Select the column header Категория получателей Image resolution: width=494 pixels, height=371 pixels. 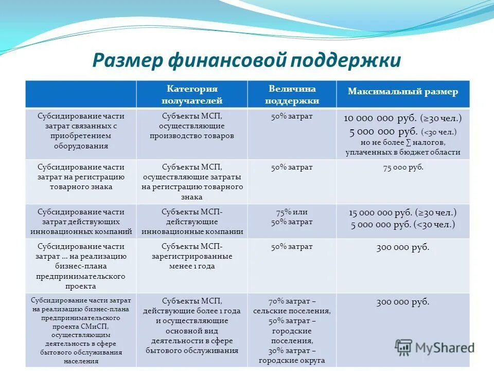(x=192, y=94)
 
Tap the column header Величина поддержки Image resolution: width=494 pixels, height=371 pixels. (x=292, y=94)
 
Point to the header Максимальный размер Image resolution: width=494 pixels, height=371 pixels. (x=402, y=92)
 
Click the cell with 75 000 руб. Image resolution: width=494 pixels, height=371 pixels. (x=403, y=168)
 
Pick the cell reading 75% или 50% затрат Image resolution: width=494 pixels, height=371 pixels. (x=292, y=217)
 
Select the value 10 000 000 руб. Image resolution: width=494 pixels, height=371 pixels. (x=380, y=118)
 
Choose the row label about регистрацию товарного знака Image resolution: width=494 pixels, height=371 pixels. (x=81, y=177)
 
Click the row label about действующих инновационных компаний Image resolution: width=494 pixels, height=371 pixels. (x=81, y=222)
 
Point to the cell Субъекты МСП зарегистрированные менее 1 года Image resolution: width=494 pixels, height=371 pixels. (x=192, y=256)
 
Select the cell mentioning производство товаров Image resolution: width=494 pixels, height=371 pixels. (x=192, y=126)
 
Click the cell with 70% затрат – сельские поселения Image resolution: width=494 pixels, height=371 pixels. (x=292, y=306)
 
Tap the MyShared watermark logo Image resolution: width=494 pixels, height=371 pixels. (x=435, y=347)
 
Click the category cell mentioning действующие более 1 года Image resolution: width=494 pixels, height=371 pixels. (x=192, y=326)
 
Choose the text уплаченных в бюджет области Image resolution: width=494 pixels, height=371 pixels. (x=403, y=152)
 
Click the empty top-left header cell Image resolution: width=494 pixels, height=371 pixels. (x=81, y=94)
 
